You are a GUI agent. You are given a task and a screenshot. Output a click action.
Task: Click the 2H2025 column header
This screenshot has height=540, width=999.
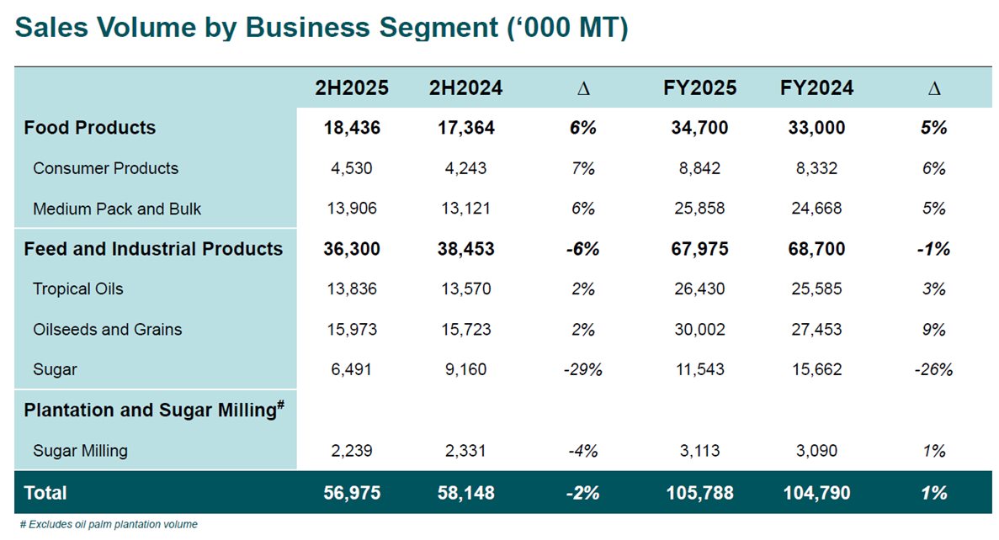click(x=352, y=87)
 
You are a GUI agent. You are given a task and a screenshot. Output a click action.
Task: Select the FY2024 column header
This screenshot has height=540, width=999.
click(x=816, y=87)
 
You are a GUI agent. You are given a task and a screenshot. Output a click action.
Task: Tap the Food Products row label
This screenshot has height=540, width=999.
click(x=90, y=128)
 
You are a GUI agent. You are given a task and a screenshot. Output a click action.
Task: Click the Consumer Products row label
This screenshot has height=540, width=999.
click(x=106, y=168)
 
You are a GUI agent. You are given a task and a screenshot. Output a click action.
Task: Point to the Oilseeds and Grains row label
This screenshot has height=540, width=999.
click(x=108, y=330)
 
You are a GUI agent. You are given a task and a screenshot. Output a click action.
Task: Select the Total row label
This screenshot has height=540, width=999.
click(x=45, y=493)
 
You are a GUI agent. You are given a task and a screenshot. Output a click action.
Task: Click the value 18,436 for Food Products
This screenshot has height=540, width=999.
click(x=352, y=128)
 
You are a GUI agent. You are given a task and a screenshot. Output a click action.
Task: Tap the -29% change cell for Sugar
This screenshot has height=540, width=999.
click(x=582, y=370)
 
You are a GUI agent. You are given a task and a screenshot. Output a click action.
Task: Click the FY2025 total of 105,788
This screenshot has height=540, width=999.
click(x=699, y=493)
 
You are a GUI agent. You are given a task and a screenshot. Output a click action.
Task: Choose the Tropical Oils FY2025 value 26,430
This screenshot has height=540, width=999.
click(x=699, y=289)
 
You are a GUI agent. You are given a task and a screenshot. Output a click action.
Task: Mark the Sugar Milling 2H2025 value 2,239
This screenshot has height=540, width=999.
click(x=352, y=451)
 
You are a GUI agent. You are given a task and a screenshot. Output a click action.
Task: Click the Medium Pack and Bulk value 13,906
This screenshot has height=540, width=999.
click(x=352, y=209)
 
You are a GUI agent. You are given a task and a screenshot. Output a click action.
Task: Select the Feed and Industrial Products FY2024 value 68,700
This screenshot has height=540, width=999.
click(x=816, y=249)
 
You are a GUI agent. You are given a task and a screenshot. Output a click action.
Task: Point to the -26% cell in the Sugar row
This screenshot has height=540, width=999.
click(x=933, y=370)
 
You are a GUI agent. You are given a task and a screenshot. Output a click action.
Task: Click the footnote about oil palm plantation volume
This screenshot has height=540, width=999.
click(x=109, y=525)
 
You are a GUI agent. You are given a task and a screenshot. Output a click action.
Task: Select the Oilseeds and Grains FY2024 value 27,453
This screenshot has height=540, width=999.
click(x=816, y=330)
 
